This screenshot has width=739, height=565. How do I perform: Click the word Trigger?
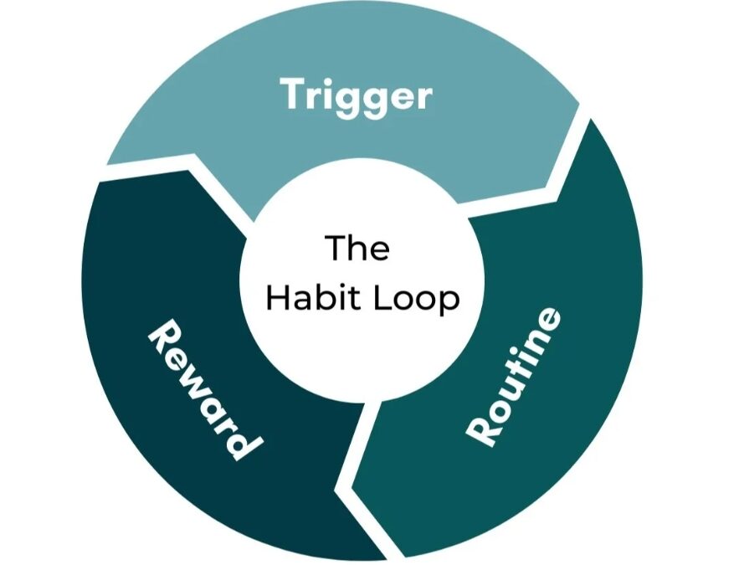click(x=357, y=95)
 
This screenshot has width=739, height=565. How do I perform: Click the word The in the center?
click(x=357, y=248)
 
